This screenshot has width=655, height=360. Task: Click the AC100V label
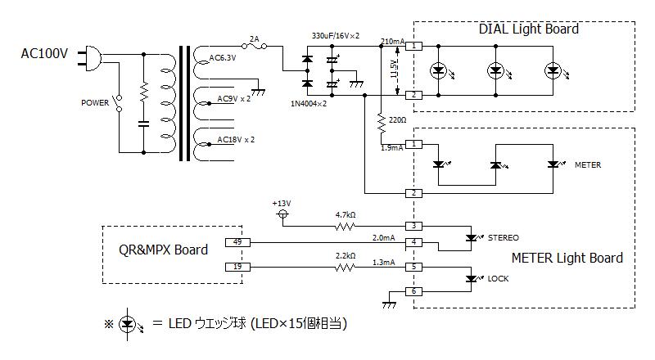(44, 54)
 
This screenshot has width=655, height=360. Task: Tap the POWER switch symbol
(119, 103)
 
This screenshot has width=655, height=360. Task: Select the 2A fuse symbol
(255, 47)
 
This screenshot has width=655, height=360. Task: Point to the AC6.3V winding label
(222, 57)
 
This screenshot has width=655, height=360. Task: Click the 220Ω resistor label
(397, 119)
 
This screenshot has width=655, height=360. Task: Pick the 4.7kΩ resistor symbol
(345, 227)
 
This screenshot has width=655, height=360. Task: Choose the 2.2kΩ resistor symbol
(345, 268)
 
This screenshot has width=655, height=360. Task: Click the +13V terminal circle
(283, 214)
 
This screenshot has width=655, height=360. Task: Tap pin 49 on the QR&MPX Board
(237, 242)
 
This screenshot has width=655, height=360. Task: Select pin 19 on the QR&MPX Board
(237, 267)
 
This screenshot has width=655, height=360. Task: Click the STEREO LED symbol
(473, 237)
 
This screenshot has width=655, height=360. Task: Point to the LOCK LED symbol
(473, 278)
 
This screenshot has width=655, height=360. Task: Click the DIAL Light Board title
(528, 29)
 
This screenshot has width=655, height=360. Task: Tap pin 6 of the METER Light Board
(414, 291)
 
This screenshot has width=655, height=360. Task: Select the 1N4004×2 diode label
(309, 104)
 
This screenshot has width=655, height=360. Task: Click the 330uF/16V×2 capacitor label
(336, 36)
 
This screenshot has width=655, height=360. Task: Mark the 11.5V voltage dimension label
(394, 69)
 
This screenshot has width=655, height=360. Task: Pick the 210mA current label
(393, 42)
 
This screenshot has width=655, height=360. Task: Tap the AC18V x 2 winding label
(236, 139)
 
